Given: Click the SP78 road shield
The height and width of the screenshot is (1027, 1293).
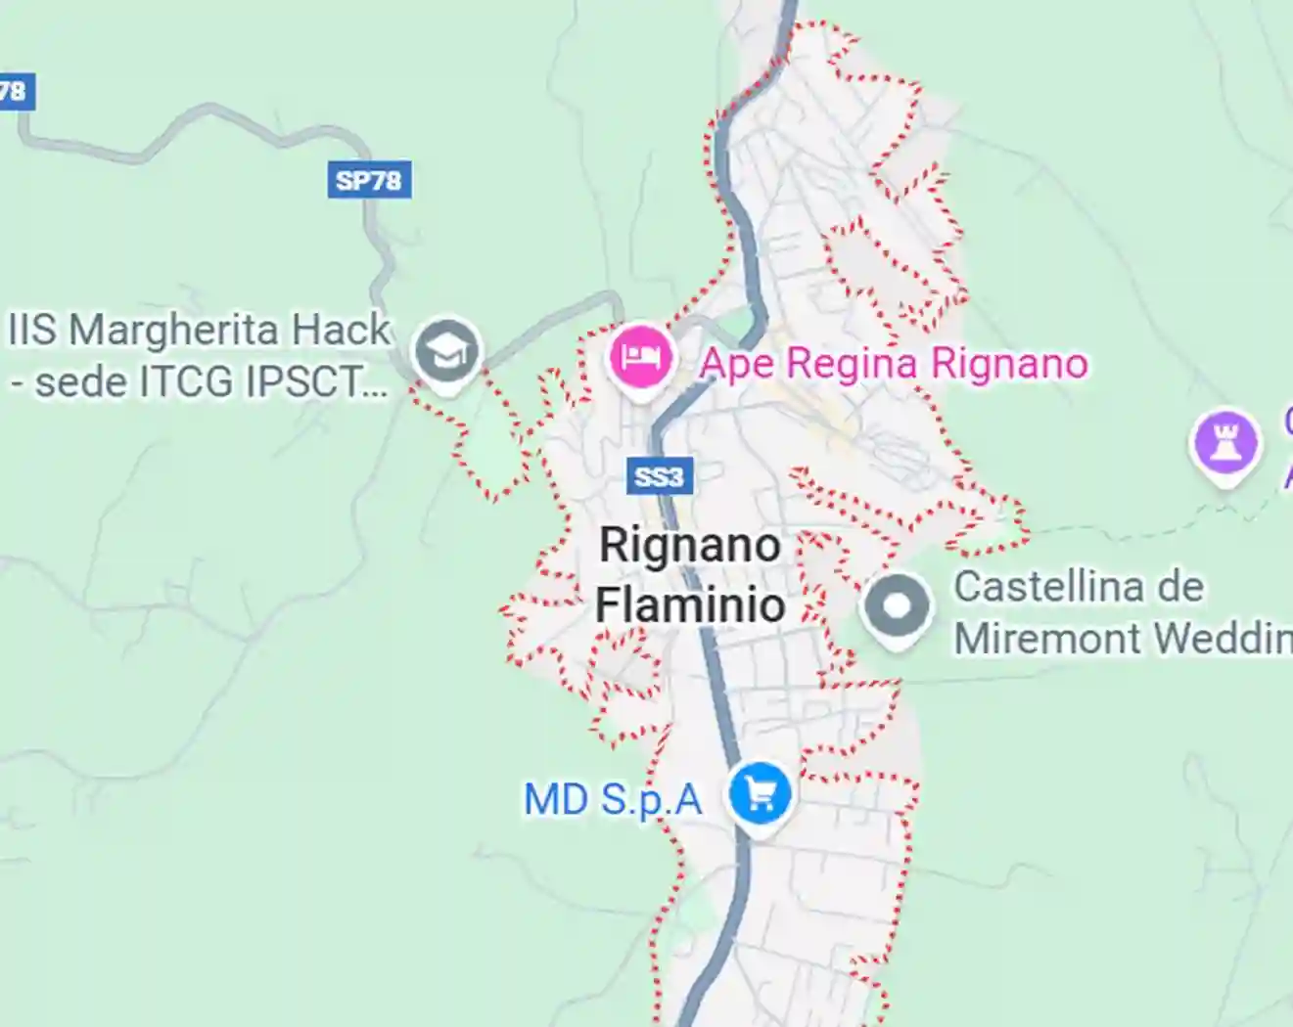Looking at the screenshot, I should point(368,180).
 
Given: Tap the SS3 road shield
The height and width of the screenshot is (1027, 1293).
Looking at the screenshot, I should point(659,476).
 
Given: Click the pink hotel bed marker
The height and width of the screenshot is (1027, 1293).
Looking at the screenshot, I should point(640,357).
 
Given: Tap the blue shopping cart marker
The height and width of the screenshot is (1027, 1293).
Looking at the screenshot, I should point(760,793).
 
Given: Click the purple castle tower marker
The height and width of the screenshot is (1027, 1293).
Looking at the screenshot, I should point(1224,443).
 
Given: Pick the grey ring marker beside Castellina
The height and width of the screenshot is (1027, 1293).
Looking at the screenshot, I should point(897,606).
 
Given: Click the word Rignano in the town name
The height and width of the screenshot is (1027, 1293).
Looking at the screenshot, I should point(690,545).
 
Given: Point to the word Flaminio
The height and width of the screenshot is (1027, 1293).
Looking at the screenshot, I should point(690,604).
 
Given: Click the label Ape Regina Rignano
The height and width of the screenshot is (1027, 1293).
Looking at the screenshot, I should point(893,364).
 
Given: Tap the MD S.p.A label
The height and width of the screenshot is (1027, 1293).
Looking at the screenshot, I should point(613,800).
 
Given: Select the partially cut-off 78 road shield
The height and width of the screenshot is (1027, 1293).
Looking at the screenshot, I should point(15,93).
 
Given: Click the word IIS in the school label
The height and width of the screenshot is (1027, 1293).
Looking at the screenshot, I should point(32,330).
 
